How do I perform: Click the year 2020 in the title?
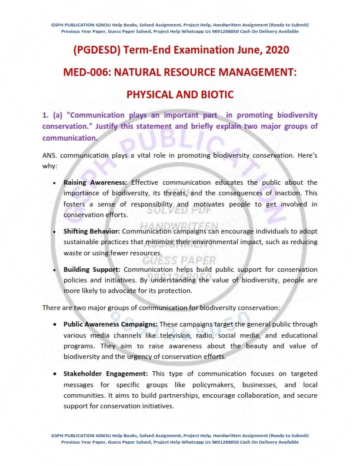coord(272,51)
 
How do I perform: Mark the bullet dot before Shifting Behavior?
coord(55,232)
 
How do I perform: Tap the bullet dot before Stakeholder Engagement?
coord(55,374)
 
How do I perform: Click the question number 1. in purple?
coord(46,115)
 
